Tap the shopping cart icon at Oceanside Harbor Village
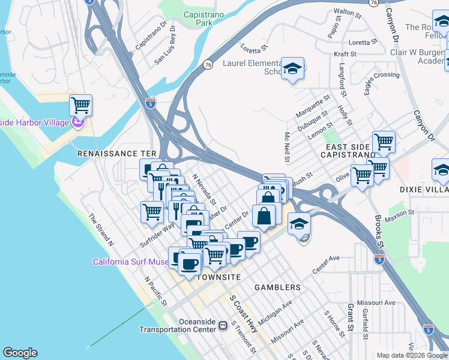pos(80,106)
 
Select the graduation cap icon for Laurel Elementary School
pos(292,69)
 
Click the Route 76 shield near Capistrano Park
pos(208,64)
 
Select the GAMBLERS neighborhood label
pos(277,287)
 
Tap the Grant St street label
pos(350,318)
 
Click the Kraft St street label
pos(345,54)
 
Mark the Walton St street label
pos(348,11)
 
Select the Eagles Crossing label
pos(378,76)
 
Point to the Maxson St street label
pos(403,212)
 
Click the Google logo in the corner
pos(20,353)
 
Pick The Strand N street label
pos(100,230)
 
